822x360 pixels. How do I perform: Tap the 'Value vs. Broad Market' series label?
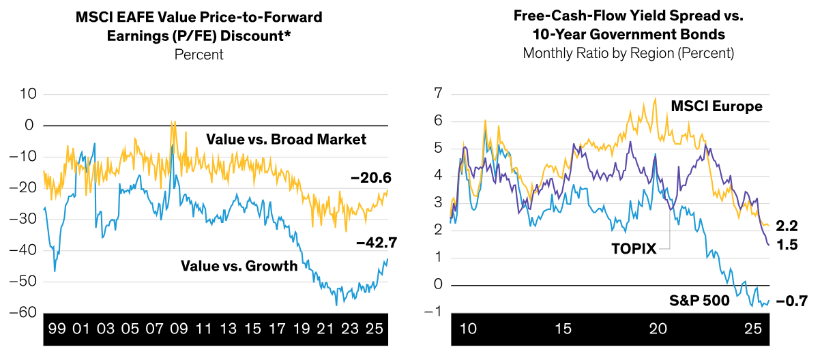(x=286, y=140)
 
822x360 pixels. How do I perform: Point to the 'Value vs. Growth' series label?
(x=239, y=266)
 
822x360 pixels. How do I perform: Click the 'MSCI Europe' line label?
(x=716, y=106)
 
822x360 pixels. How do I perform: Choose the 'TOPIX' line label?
(x=633, y=249)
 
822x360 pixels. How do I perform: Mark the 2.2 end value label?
(x=787, y=226)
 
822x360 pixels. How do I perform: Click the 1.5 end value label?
(x=787, y=244)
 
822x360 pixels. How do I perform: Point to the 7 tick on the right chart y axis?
(x=438, y=93)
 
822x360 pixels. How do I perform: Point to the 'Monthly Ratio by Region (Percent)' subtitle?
(x=628, y=53)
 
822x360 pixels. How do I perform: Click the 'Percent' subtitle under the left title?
(x=199, y=55)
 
